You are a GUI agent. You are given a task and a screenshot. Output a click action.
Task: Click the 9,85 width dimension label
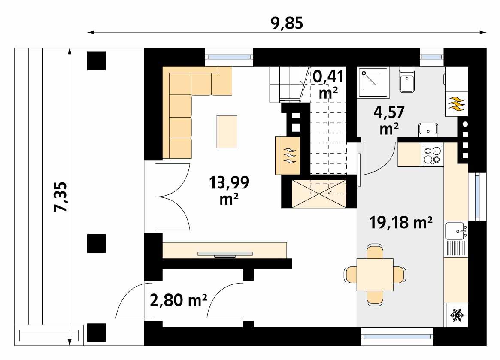(287, 23)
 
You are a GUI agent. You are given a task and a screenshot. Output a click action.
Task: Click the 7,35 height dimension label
(61, 197)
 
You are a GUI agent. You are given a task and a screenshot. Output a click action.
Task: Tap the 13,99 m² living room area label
(229, 190)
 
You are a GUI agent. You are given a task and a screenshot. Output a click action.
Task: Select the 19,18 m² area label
(400, 223)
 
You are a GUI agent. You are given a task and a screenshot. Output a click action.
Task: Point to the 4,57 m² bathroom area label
(389, 121)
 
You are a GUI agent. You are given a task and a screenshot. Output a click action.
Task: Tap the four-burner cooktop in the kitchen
(432, 155)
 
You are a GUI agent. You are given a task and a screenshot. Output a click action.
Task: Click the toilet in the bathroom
(406, 79)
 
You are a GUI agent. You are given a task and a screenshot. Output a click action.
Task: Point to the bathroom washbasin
(428, 129)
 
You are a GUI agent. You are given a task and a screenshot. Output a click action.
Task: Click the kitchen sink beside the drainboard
(455, 231)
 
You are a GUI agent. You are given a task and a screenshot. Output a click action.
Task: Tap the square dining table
(375, 274)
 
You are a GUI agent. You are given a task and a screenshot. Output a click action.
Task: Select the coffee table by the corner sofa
(227, 131)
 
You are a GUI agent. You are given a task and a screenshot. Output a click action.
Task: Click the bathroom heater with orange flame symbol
(456, 104)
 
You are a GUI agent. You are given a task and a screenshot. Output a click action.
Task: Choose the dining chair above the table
(375, 252)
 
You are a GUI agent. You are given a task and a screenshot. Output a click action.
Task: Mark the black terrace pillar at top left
(97, 61)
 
